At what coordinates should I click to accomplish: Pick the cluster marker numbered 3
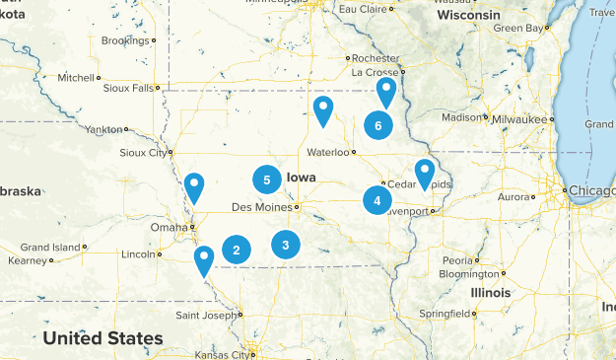tap(285, 244)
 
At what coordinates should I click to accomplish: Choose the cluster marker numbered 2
tap(237, 251)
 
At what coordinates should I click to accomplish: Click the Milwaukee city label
tap(520, 119)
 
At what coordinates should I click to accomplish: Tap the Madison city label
tap(460, 117)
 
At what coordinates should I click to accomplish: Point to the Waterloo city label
tap(327, 152)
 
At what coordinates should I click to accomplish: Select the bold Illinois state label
tap(490, 293)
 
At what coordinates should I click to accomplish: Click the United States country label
tap(103, 338)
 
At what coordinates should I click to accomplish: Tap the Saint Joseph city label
tap(205, 316)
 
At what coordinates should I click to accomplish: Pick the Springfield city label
tap(442, 314)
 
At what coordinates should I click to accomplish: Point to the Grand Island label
tap(49, 247)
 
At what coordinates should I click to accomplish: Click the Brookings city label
tap(124, 40)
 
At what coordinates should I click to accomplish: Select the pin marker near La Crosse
tap(386, 92)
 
